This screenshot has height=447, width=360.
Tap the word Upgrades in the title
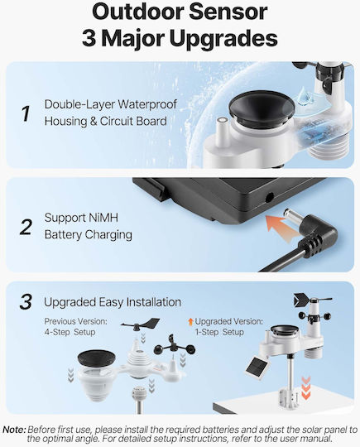[x=223, y=39]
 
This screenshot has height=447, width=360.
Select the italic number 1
[x=26, y=113]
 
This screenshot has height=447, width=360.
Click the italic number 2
[x=26, y=227]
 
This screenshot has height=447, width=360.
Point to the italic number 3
[x=26, y=302]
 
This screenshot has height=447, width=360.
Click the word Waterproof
[x=147, y=104]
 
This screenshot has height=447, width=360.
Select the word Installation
[x=154, y=302]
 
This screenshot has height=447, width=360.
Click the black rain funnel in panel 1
[x=262, y=108]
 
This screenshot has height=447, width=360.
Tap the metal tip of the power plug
[x=291, y=214]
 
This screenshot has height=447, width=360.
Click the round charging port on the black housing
[x=269, y=198]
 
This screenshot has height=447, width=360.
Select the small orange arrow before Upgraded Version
[x=190, y=322]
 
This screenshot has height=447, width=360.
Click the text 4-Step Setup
[x=70, y=332]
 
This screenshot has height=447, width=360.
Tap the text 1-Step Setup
[x=219, y=332]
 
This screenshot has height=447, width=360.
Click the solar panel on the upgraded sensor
[x=257, y=369]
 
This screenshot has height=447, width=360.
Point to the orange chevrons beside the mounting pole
[x=306, y=387]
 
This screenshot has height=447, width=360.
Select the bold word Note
[x=15, y=430]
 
